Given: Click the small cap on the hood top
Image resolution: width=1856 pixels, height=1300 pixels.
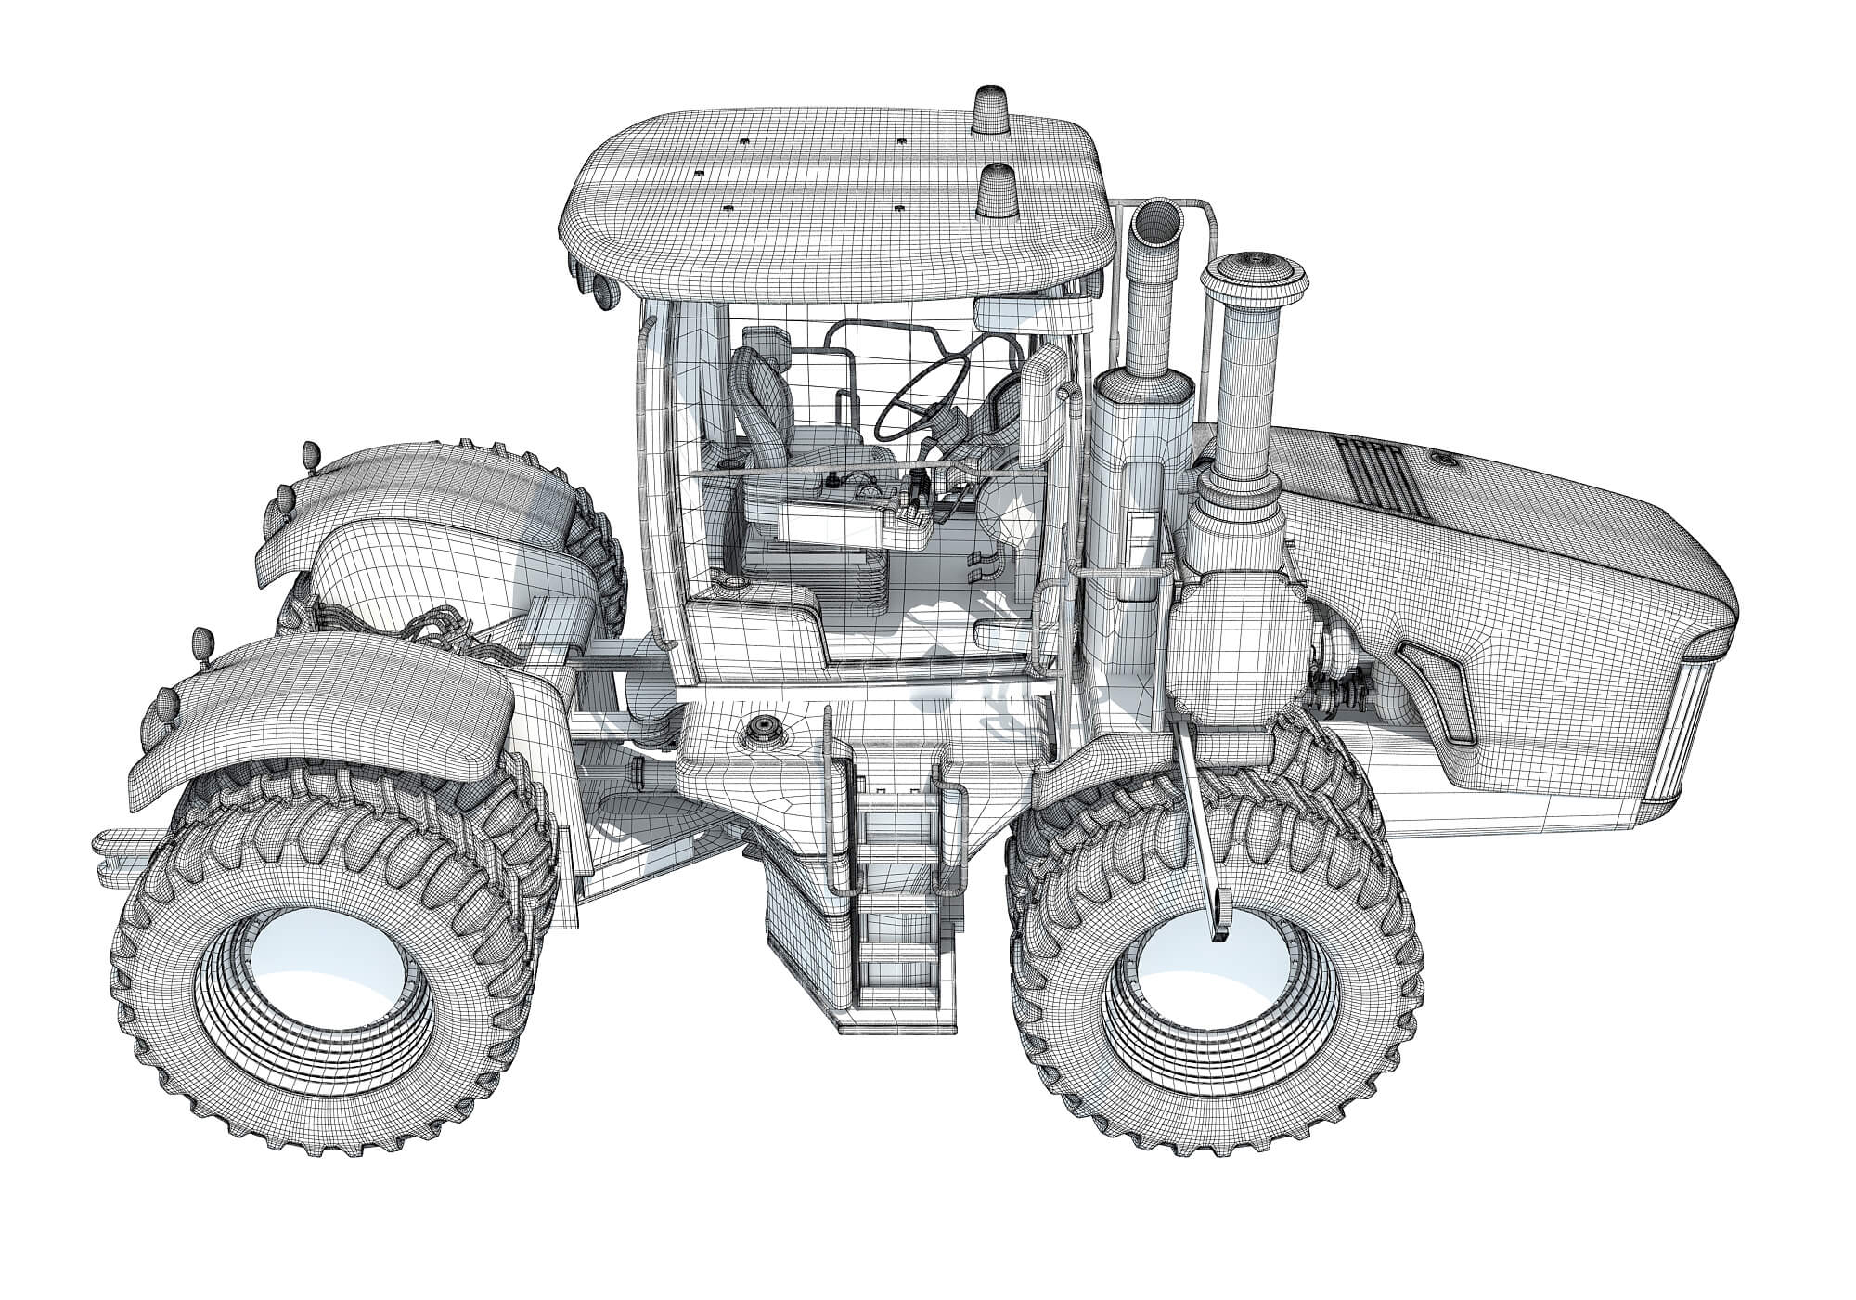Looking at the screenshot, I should click(x=1444, y=459).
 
